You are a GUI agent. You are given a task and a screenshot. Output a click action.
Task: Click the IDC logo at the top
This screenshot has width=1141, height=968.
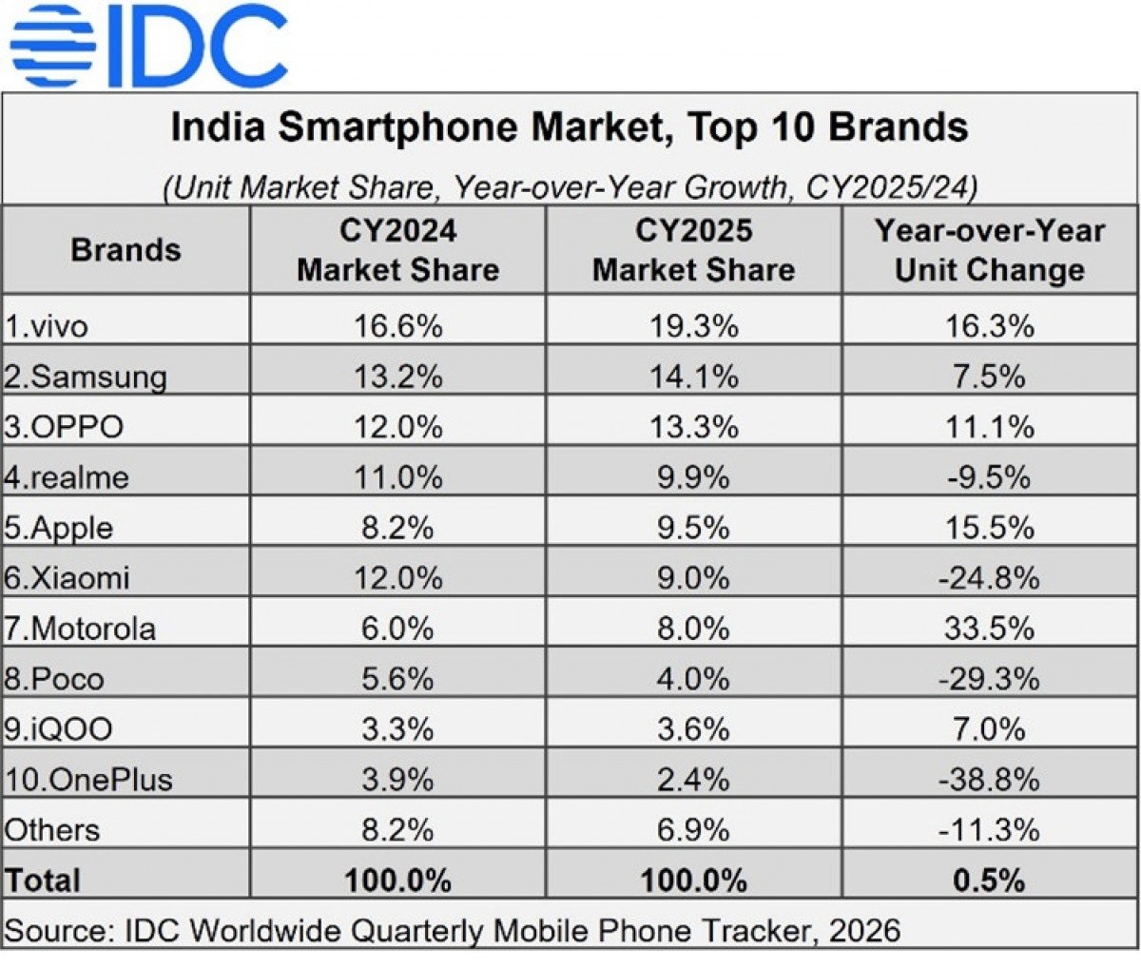147,45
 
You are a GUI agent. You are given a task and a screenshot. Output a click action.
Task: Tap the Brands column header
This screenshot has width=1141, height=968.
126,250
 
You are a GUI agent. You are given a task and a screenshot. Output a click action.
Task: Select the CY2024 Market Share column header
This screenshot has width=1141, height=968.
397,250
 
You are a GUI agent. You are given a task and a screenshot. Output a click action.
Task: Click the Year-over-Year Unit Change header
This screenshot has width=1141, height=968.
990,250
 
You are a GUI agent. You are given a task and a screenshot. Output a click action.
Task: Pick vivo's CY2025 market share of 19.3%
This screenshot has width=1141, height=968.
693,326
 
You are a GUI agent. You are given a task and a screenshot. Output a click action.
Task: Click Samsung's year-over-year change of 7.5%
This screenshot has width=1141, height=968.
990,377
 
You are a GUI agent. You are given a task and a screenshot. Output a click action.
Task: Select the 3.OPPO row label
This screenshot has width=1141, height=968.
64,427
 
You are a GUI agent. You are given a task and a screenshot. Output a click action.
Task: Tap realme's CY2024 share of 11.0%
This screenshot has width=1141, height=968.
397,477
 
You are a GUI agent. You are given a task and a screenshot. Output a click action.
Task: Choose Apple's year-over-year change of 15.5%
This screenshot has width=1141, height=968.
990,528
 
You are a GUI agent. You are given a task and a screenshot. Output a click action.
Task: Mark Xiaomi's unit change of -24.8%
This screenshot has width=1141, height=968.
990,578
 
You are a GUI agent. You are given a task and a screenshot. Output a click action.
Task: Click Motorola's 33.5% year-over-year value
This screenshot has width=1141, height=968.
990,629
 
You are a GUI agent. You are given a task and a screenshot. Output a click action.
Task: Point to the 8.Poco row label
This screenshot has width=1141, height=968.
54,679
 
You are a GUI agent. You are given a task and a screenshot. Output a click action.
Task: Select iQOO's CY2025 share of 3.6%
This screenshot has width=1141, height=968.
693,729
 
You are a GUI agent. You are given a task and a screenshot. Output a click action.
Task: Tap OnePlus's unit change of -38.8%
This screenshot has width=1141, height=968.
990,780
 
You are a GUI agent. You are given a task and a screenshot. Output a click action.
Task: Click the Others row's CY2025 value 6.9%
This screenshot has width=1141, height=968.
693,830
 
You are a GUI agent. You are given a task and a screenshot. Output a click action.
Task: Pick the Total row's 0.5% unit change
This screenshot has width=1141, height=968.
990,881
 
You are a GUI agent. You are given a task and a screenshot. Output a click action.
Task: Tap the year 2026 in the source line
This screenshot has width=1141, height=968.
863,929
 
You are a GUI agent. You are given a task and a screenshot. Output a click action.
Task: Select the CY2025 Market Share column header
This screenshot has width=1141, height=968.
693,250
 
